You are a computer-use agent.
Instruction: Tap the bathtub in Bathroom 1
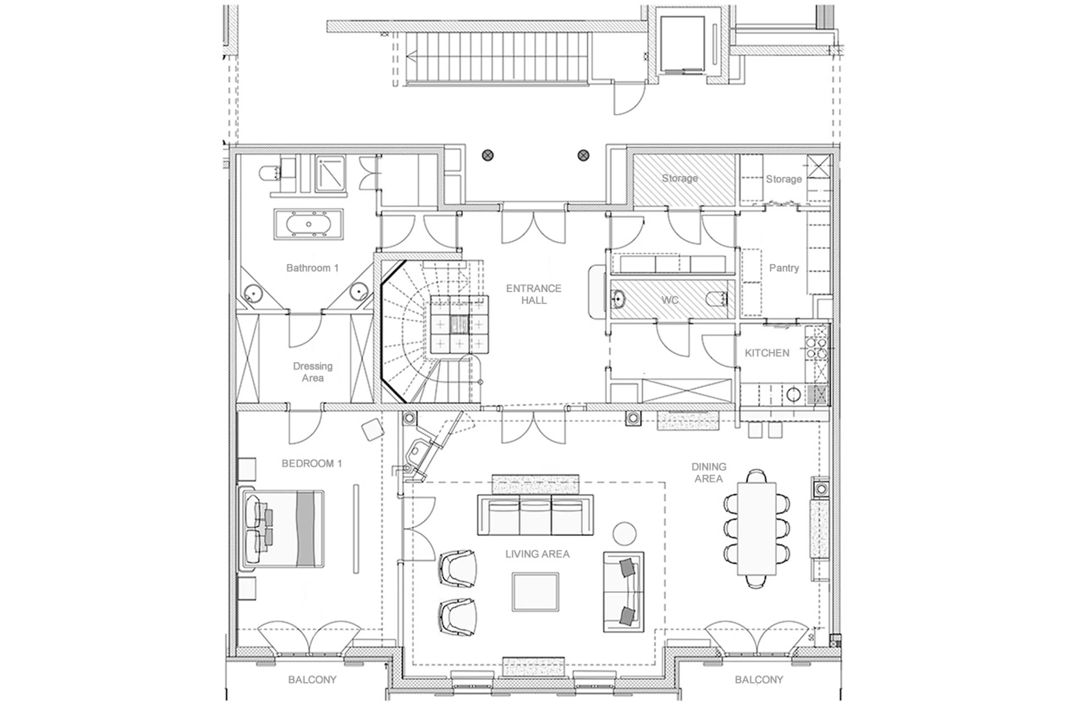coord(308,224)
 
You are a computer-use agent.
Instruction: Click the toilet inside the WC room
coord(716,300)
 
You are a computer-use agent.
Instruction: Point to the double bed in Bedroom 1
coord(283,529)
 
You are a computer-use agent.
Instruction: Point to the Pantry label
coord(783,268)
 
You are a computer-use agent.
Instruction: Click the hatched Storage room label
coord(679,178)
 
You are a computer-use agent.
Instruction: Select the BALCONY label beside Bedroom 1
coord(312,680)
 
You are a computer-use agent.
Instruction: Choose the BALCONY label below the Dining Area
coord(758,680)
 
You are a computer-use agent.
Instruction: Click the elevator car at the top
coord(682,45)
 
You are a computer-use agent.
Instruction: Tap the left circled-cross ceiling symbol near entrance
coord(487,156)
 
